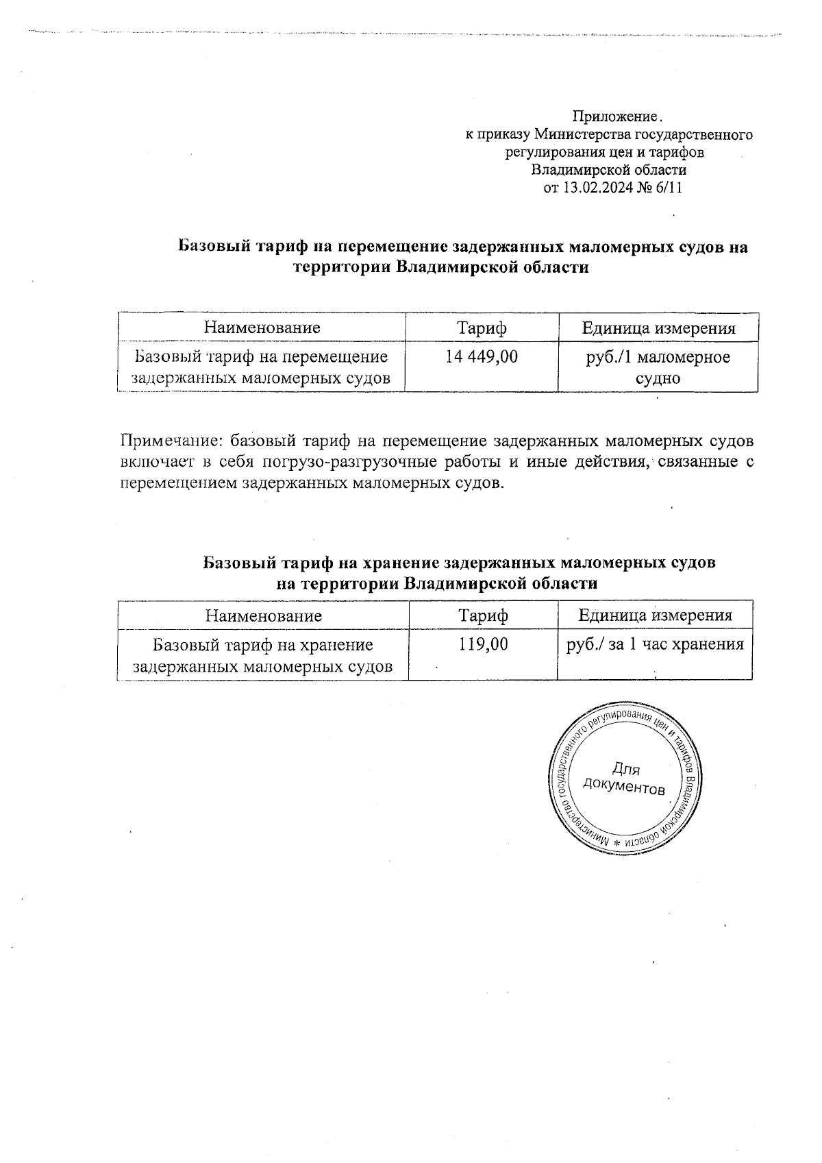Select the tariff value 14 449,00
(482, 356)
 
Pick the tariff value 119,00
(484, 644)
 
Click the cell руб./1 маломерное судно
(658, 367)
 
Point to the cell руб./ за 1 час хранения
(655, 644)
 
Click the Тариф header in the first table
(482, 328)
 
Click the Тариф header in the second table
(484, 615)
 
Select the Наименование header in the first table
(262, 328)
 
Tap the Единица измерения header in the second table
(655, 615)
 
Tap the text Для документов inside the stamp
(623, 779)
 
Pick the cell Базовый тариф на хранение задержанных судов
(262, 655)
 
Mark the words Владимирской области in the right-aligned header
(609, 170)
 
